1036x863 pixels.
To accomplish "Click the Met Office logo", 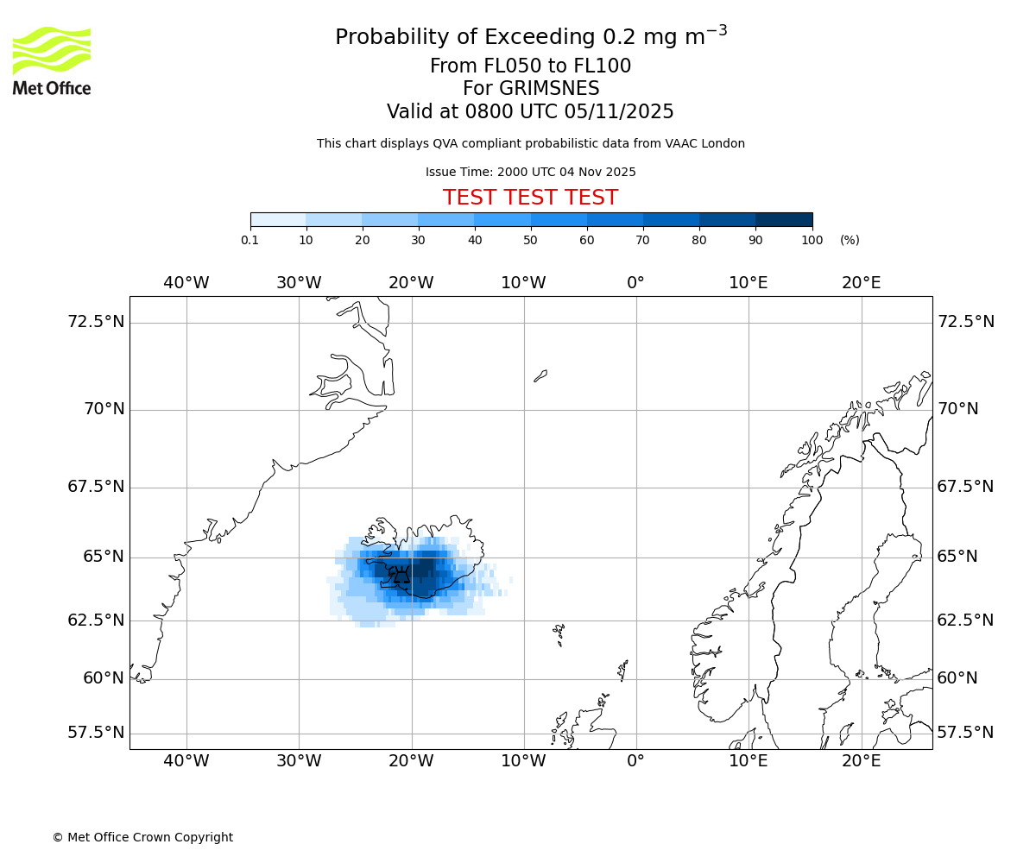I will pos(52,60).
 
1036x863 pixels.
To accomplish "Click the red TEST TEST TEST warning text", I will pos(530,198).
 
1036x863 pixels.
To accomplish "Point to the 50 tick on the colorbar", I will pos(531,240).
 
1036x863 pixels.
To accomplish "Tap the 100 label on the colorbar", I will pos(812,240).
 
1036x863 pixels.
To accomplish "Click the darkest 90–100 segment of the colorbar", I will pos(784,220).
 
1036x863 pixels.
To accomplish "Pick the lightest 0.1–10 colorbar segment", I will pos(278,220).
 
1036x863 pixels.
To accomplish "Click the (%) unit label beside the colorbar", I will pos(850,240).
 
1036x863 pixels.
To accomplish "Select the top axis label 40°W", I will pos(186,283).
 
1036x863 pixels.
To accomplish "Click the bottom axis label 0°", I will pos(636,761).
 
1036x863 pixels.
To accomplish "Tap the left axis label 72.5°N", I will pos(96,322).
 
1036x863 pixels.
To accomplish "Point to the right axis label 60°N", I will pos(957,678).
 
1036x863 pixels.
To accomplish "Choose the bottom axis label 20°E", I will pos(861,761).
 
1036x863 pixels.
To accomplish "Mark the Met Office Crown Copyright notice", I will pos(142,837).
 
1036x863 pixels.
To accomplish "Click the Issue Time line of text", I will pos(530,172).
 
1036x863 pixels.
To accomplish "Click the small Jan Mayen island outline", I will pos(540,375).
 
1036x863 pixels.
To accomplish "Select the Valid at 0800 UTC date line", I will pos(530,112).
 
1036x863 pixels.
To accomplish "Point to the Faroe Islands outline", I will pos(559,635).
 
